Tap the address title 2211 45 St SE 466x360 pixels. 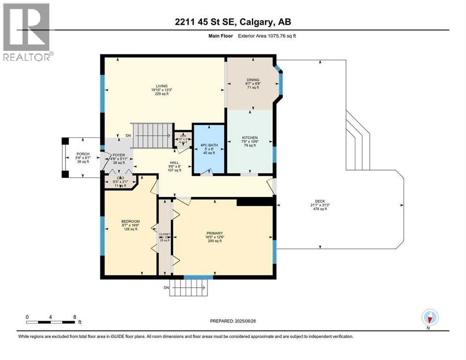(233, 22)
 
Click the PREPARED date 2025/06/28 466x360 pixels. (233, 321)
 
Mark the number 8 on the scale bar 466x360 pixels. (75, 317)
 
